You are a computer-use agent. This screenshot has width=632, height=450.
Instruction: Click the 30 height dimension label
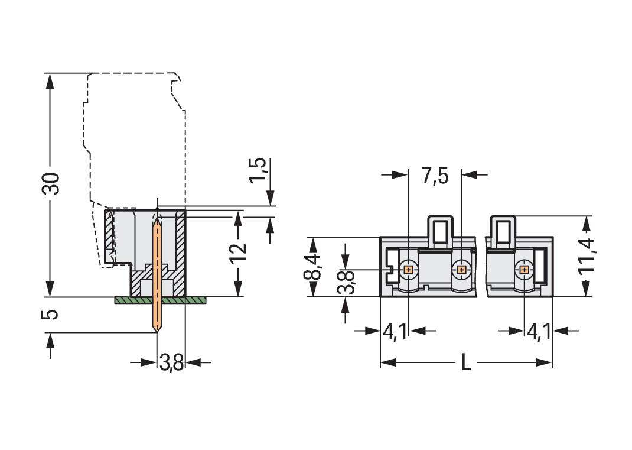[x=52, y=184]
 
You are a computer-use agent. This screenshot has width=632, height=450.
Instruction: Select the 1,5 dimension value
[x=258, y=171]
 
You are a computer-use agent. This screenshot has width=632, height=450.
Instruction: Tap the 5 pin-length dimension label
[x=52, y=313]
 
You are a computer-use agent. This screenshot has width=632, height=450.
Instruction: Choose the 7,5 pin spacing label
[x=435, y=176]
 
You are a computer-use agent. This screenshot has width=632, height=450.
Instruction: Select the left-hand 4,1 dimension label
[x=395, y=332]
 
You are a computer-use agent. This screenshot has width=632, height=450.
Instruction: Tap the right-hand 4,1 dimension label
[x=538, y=332]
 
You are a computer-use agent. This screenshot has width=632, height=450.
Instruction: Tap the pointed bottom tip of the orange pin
[x=157, y=331]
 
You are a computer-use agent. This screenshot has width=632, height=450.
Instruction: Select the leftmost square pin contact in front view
[x=408, y=270]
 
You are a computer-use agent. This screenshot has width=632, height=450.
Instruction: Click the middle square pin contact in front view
[x=461, y=270]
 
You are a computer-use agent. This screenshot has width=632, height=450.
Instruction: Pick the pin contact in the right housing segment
[x=524, y=270]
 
